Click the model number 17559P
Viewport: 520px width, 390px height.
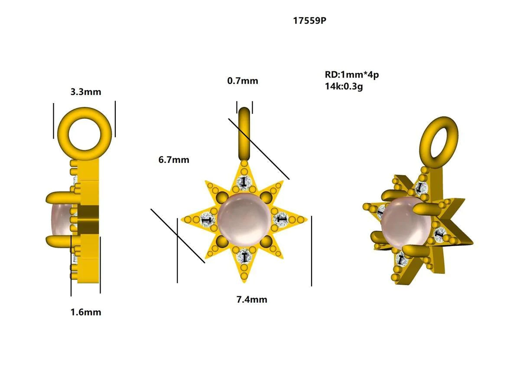(309, 20)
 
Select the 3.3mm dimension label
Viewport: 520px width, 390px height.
(85, 92)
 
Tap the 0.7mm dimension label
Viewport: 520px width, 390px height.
(243, 81)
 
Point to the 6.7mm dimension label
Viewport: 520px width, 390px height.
(174, 160)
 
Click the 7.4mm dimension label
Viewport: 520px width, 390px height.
(252, 299)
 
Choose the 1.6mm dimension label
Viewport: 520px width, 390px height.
(86, 312)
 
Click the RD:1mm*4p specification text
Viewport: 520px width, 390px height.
(351, 75)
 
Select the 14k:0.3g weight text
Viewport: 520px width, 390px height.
(344, 86)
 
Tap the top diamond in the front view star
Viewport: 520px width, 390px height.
(244, 182)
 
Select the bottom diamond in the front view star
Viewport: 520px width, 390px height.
(244, 257)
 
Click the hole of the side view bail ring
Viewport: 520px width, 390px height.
(85, 131)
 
